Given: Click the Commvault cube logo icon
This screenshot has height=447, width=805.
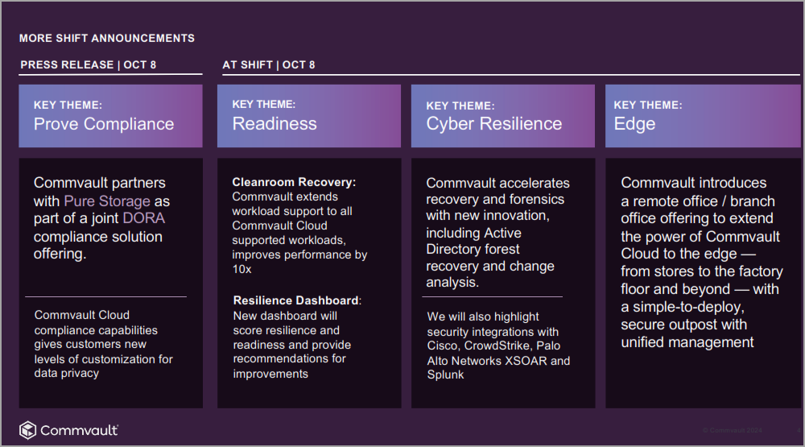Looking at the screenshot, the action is coord(27,430).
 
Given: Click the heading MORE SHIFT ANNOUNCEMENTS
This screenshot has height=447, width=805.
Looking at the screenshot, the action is coord(107,38).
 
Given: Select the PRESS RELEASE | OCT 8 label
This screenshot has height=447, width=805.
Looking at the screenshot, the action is coord(89,64).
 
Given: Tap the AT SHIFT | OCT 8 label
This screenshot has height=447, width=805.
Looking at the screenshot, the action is coord(269,64).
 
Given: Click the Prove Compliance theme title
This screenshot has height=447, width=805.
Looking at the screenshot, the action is coord(104,124).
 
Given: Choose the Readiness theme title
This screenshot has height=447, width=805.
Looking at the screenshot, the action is coord(275,124).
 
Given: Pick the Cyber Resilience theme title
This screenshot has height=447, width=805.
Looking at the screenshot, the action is coord(494,124).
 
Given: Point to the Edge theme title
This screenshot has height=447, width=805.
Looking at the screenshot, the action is coord(634,124).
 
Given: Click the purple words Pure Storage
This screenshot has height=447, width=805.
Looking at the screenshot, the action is coord(107,201).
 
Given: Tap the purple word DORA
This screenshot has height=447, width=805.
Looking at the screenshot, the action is coord(144,218).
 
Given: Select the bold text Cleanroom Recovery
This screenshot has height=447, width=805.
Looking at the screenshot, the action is coord(293,182).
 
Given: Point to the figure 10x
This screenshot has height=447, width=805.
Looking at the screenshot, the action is coord(242,269).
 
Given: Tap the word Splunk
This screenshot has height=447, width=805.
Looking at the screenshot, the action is coord(445,375).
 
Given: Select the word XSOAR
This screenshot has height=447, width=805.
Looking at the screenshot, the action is coord(526,361).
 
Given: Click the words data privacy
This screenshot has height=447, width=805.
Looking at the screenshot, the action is coord(67,373).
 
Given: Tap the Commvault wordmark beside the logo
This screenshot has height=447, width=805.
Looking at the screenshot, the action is coord(79,430).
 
